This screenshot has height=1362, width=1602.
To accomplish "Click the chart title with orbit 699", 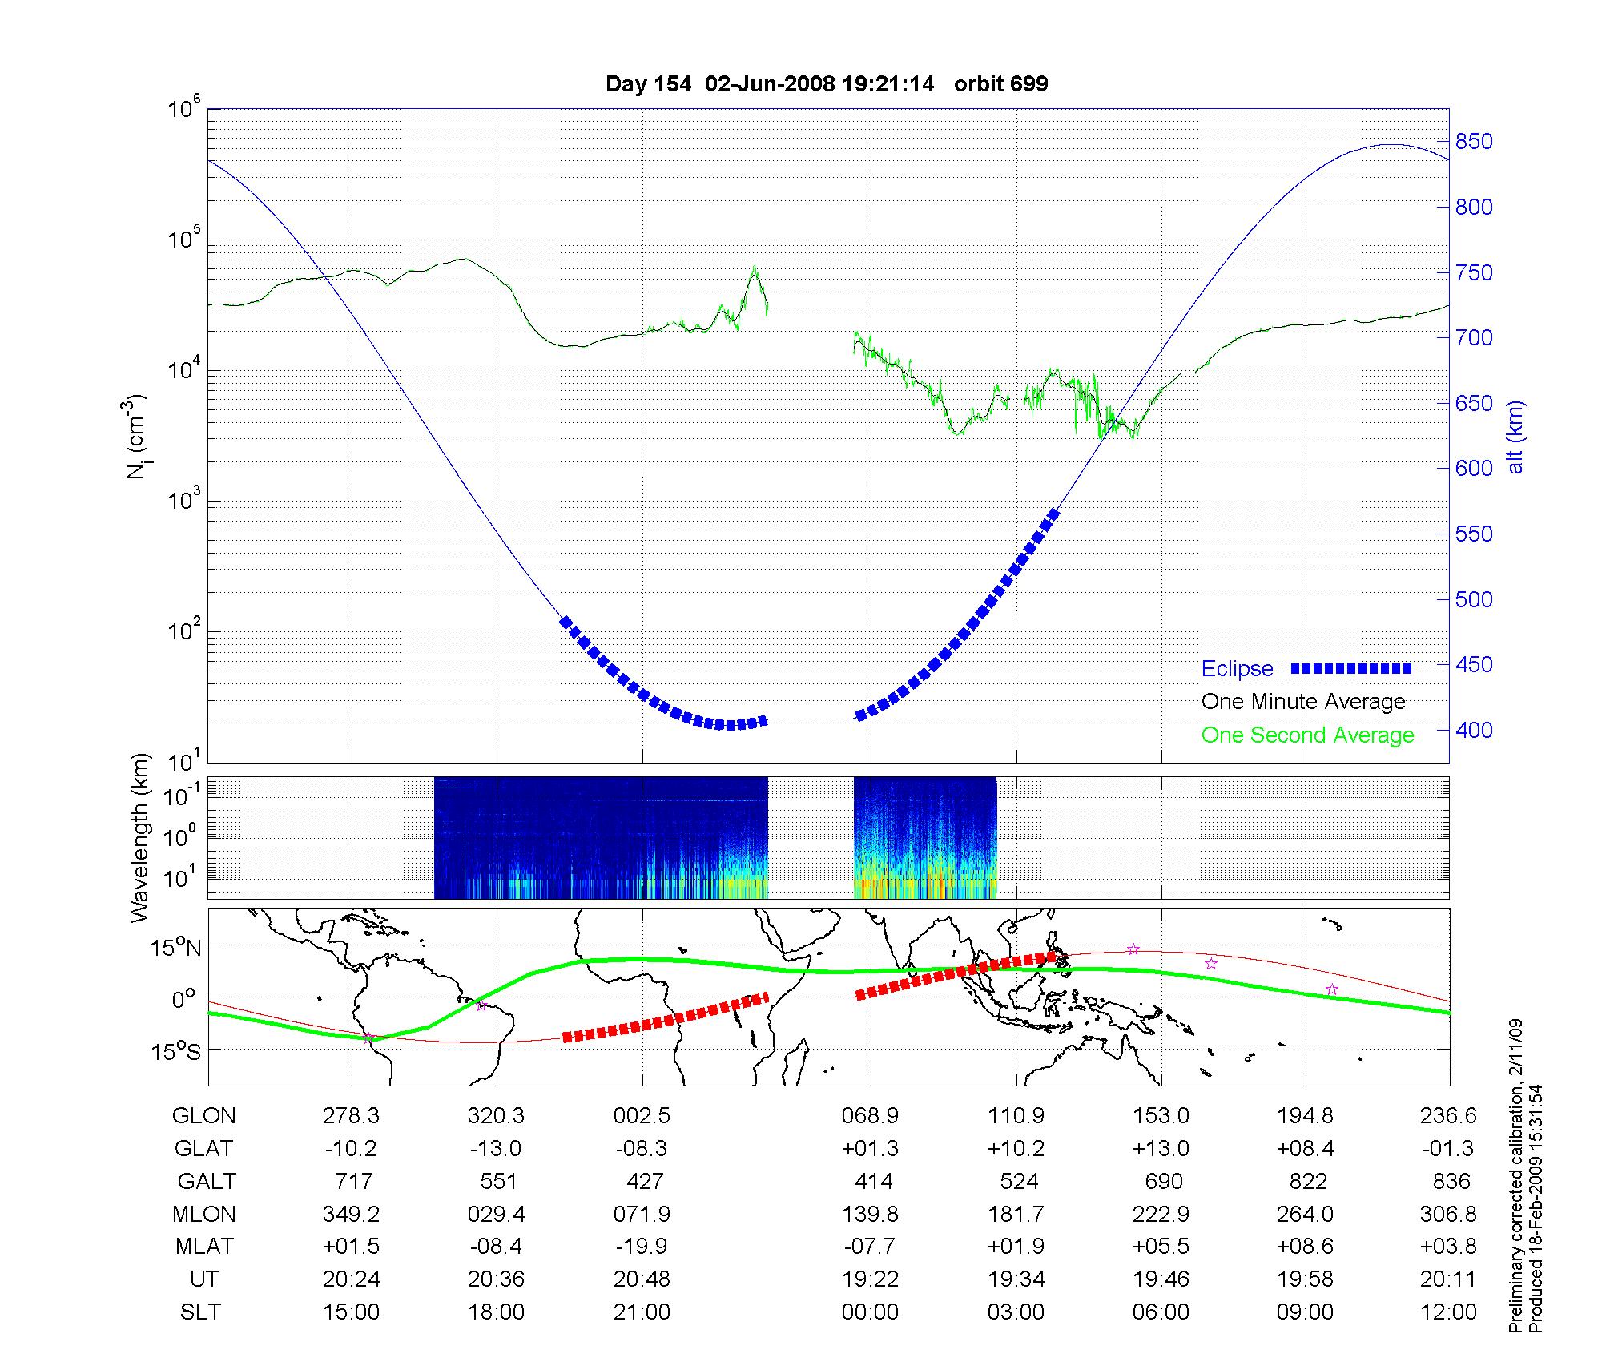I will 827,84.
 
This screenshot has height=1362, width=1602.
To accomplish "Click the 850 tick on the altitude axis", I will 1474,142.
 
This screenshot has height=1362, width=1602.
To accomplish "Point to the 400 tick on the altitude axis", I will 1474,730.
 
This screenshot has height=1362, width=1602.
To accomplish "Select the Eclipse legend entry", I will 1238,669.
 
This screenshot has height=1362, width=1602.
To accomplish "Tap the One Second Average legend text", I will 1307,735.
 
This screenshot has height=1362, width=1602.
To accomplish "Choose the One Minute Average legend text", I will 1303,702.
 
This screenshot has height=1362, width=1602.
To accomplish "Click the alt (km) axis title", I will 1515,437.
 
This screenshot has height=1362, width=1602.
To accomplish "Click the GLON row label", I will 204,1116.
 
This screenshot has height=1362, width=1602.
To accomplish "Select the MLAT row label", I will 204,1247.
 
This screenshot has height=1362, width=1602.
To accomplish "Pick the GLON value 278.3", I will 351,1116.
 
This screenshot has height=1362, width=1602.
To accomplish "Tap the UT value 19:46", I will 1161,1279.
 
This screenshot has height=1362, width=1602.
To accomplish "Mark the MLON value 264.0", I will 1306,1214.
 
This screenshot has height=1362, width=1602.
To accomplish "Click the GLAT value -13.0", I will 496,1149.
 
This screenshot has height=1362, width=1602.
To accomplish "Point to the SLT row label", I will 200,1312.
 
